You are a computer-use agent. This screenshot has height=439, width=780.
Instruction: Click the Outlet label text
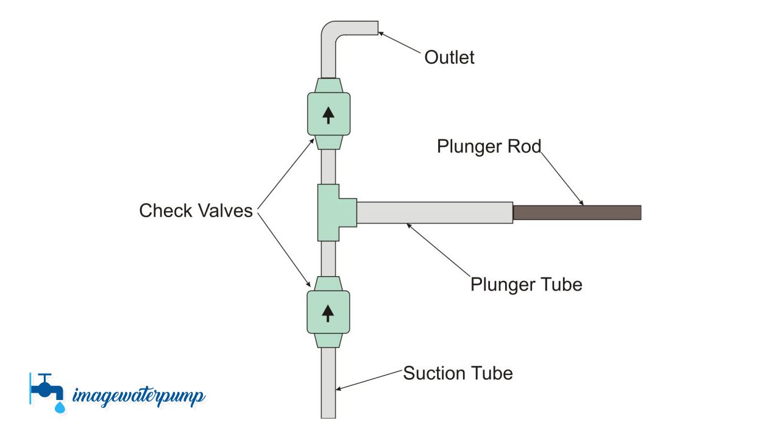point(449,57)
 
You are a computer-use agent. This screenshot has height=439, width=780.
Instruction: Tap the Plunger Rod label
point(489,146)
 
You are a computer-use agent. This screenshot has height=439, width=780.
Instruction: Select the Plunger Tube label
point(526,284)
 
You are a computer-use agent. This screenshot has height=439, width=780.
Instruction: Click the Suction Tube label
point(458,373)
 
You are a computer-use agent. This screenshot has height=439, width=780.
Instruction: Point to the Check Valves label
point(196,210)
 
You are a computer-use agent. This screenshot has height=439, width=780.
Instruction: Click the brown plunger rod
point(576,212)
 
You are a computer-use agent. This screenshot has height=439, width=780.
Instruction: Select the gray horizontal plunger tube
point(434,212)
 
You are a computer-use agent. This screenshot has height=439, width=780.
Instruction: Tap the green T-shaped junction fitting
point(330,212)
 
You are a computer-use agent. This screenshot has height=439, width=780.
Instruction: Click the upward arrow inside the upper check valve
point(328,114)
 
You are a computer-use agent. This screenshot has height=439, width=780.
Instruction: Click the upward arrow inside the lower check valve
point(328,313)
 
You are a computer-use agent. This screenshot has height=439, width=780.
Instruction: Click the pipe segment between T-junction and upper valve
point(328,166)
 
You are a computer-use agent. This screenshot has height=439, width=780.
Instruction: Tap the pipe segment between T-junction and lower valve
point(328,259)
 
